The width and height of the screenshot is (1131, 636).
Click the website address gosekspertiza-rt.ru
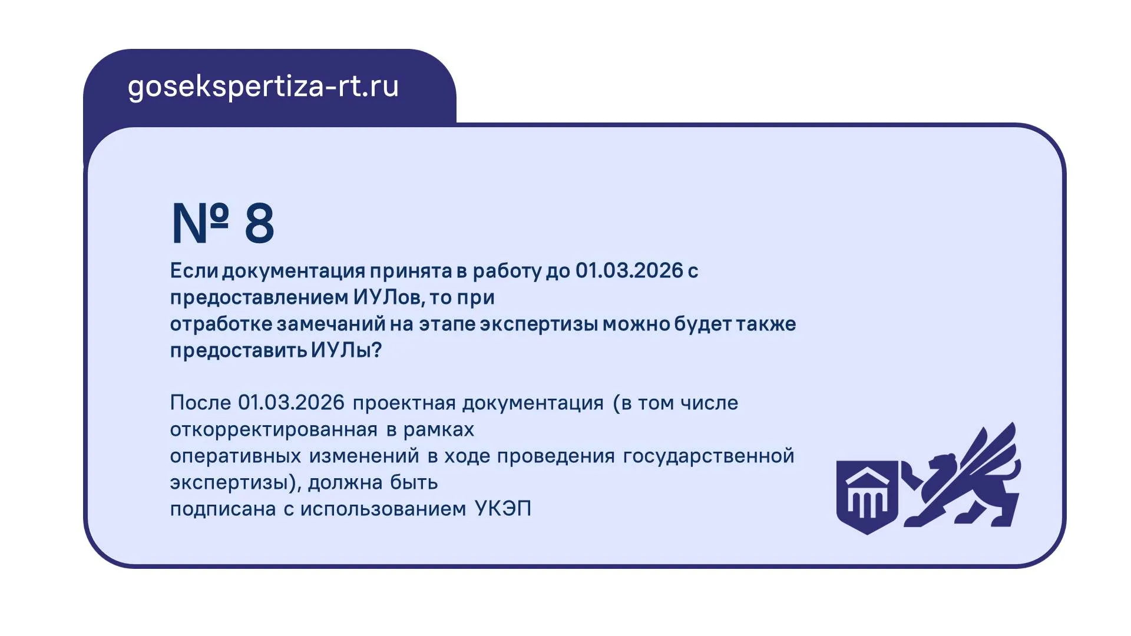pos(263,87)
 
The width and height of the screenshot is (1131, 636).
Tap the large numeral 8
pos(259,223)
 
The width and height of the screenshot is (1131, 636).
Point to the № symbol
pos(200,223)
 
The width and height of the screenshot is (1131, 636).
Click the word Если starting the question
pos(194,270)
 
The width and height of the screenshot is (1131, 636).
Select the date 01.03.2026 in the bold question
pos(629,270)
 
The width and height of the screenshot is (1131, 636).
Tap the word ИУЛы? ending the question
pos(346,350)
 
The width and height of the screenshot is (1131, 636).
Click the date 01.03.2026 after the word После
pos(291,403)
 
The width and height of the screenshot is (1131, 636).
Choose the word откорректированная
pos(273,429)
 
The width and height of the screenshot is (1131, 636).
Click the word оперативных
pos(236,456)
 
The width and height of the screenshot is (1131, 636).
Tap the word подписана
pos(223,508)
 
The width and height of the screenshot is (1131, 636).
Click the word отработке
pos(221,323)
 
